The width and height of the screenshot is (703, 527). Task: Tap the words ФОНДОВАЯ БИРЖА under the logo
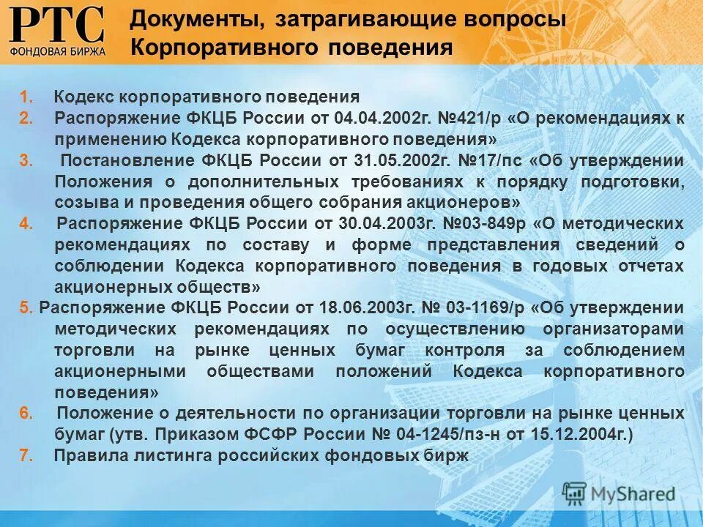[58, 51]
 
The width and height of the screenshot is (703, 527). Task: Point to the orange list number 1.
[25, 97]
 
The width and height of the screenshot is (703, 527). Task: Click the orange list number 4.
[25, 224]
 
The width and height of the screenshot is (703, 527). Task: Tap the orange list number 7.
[25, 455]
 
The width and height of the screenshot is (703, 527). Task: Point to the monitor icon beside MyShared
[575, 492]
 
